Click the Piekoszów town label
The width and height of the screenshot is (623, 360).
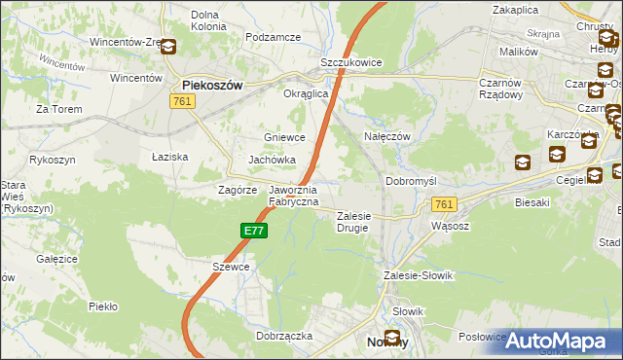tap(211, 85)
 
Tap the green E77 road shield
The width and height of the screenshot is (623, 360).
tap(253, 231)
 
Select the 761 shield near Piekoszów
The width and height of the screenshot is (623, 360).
tap(180, 101)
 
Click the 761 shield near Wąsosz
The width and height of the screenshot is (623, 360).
tap(444, 204)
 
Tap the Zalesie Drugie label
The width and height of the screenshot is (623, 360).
tap(354, 222)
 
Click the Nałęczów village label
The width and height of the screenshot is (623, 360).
tap(385, 136)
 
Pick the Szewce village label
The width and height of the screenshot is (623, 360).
tap(232, 266)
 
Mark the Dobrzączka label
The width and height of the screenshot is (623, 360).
tap(284, 335)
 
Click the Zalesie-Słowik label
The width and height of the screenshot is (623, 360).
tap(419, 275)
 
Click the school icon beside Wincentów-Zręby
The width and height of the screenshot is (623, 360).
tap(168, 46)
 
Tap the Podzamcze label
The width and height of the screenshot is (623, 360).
tap(274, 37)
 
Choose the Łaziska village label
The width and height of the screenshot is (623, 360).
tap(170, 156)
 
